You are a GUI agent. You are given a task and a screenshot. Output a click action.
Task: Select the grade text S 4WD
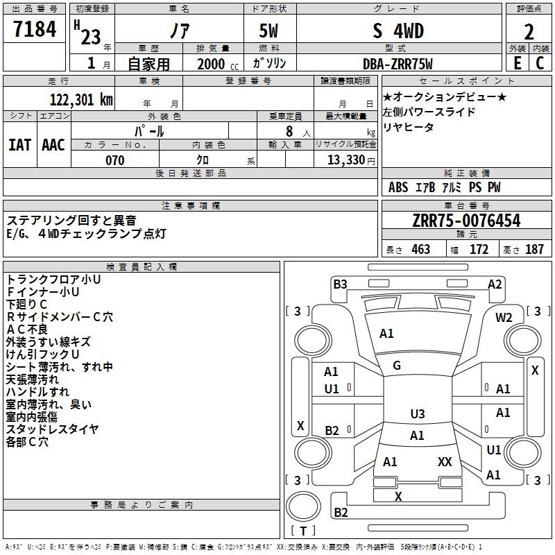click(398, 31)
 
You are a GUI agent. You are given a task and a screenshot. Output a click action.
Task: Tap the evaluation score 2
click(529, 31)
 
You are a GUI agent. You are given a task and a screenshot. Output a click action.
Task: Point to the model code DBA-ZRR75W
click(398, 64)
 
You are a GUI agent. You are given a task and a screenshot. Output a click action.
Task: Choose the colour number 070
click(114, 160)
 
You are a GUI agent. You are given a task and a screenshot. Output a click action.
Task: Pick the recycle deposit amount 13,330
click(345, 160)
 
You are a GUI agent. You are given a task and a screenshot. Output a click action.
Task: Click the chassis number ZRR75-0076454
click(466, 221)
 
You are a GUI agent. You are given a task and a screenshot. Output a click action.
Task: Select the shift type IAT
click(19, 145)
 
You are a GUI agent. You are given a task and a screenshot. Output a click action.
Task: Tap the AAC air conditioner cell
click(53, 145)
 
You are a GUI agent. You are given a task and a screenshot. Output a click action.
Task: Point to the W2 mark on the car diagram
click(504, 317)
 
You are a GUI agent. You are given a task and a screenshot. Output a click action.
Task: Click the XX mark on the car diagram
click(445, 461)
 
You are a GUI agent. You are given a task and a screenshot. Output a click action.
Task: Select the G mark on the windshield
click(397, 365)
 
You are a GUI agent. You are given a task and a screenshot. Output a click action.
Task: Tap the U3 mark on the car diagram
click(417, 414)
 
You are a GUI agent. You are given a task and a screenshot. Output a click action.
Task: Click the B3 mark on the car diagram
click(340, 284)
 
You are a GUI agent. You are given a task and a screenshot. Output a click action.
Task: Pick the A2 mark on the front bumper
click(495, 284)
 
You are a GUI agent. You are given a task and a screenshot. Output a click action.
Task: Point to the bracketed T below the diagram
click(303, 531)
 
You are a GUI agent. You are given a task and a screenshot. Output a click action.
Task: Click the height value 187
click(534, 250)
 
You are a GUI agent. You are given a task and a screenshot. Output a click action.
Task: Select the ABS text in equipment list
click(398, 187)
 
